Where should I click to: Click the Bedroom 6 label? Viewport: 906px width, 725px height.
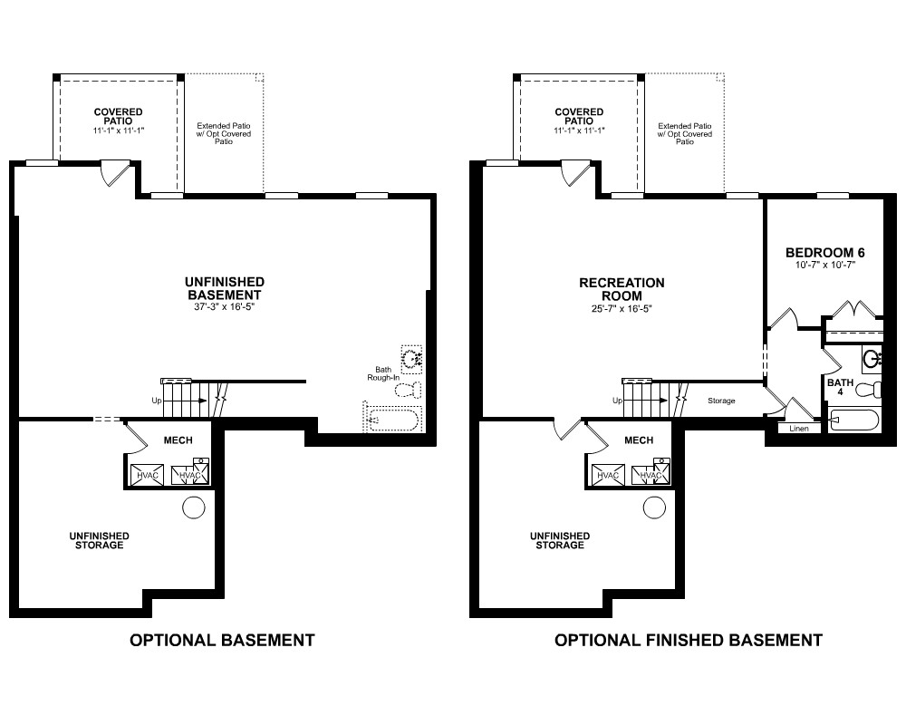tap(825, 253)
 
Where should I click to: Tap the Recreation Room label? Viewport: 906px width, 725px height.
tap(622, 289)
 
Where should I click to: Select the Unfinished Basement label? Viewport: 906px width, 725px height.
tap(224, 288)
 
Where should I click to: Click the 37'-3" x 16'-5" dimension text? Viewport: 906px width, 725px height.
tap(224, 307)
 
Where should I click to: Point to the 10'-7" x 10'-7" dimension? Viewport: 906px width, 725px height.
tap(825, 266)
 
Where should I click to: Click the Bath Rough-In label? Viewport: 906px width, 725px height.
tap(383, 373)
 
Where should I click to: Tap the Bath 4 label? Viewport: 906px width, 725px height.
tap(840, 387)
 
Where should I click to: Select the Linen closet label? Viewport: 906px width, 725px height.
tap(798, 429)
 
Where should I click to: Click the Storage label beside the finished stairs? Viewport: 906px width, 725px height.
tap(721, 401)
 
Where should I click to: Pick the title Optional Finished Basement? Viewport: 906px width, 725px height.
tap(689, 640)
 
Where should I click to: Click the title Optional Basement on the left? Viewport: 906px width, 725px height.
tap(222, 640)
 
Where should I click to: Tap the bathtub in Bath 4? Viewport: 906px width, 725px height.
tap(854, 420)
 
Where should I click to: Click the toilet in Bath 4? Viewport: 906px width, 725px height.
tap(869, 390)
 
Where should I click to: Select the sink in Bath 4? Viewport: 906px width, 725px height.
tap(872, 360)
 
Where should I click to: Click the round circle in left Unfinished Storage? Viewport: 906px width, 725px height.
tap(194, 507)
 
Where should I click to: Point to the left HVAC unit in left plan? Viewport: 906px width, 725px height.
tap(148, 475)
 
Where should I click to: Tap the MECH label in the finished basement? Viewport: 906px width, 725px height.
tap(639, 440)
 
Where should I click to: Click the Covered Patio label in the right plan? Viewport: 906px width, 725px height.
tap(579, 116)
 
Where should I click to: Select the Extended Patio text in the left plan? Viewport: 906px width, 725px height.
tap(224, 133)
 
